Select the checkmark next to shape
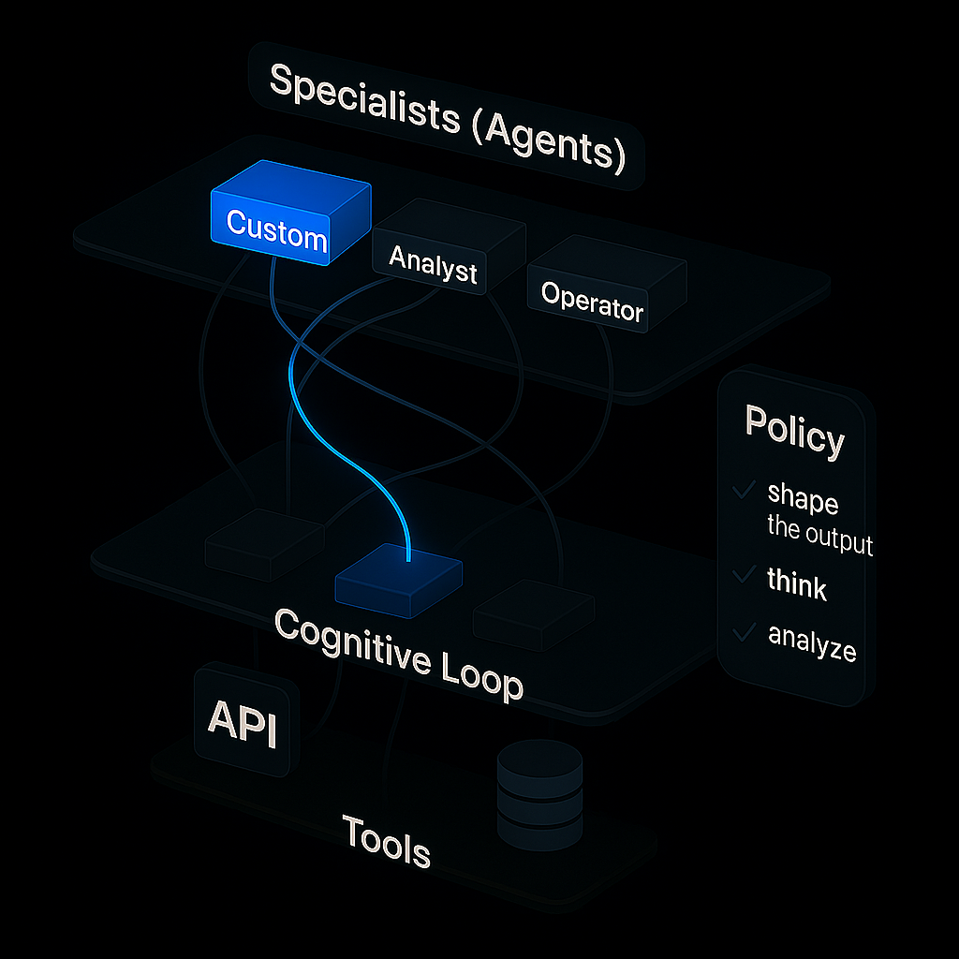745,489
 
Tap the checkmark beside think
745,573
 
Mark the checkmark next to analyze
745,633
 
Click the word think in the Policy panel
797,584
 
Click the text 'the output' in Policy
819,536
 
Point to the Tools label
386,840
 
